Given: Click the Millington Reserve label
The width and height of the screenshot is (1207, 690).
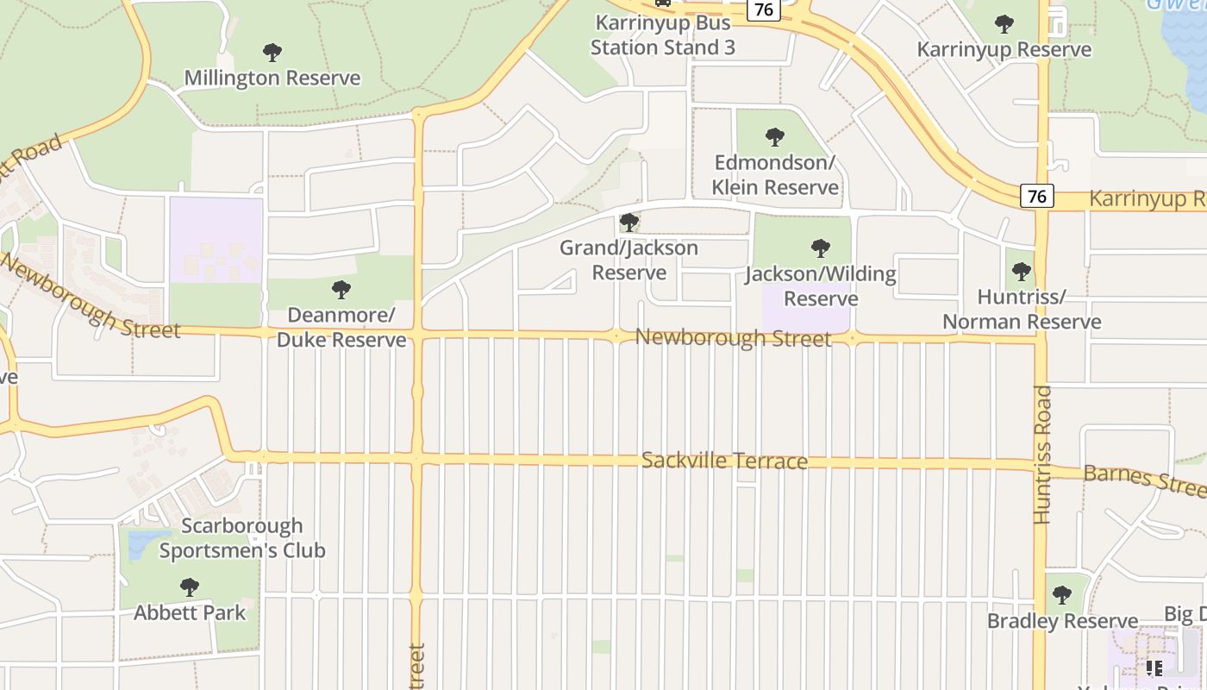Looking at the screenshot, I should coord(272,78).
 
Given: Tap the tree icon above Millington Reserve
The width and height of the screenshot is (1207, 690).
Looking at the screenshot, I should coord(272,53).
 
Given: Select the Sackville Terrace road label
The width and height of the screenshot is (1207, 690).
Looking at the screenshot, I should coord(724,461).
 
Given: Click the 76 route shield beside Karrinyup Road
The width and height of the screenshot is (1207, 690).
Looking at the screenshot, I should coord(1036,197).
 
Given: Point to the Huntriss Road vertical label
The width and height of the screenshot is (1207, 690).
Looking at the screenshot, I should coord(1042,455).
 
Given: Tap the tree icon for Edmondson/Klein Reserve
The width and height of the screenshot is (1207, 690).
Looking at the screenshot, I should coord(775,136).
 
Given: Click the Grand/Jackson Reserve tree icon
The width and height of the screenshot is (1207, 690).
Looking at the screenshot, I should coord(629,223).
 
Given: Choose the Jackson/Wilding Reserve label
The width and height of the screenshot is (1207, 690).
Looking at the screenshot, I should coord(821,286).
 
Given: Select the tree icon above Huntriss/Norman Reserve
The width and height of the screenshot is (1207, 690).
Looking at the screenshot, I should coord(1021,272).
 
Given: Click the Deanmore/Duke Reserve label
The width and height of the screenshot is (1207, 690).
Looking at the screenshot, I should coord(341,327).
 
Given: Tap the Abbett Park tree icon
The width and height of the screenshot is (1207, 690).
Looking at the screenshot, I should coord(190,587).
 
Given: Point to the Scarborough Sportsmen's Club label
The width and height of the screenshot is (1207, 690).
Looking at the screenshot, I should coord(242,538).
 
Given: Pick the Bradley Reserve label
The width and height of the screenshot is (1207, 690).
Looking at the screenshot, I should coord(1062,621).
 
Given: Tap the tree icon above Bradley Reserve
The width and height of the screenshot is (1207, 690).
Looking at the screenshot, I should coord(1062,595).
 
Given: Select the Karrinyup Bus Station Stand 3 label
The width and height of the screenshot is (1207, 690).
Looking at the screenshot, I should coord(662,35).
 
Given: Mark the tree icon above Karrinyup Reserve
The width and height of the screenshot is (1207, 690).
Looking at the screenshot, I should coord(1004,23).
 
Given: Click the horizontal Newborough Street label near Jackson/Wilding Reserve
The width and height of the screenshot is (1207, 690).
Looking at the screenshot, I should coord(733,337).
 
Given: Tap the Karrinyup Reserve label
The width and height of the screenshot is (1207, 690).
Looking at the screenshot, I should coord(1004,49).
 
